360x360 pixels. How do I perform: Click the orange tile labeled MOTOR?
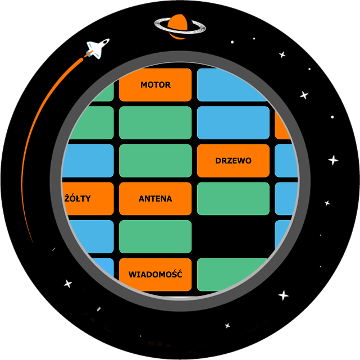coord(155,85)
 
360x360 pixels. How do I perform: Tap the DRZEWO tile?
coord(233,161)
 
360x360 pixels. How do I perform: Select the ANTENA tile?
coord(155,199)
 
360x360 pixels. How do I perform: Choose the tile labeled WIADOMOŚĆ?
coord(155,275)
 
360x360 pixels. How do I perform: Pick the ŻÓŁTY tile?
coord(88,199)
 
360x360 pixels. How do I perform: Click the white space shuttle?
coord(97,48)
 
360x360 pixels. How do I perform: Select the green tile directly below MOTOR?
coord(155,123)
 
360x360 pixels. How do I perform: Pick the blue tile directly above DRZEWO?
coord(233,123)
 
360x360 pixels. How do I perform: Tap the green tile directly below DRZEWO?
coord(233,199)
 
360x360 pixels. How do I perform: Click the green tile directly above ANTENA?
coord(155,161)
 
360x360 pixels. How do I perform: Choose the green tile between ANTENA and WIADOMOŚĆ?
coord(155,236)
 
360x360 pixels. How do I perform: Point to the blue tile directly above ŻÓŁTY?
coord(88,161)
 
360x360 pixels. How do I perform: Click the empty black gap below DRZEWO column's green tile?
coord(233,236)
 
